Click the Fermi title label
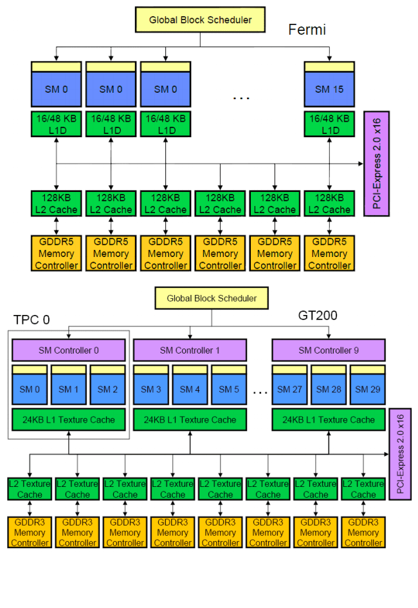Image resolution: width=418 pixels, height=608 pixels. [x=307, y=30]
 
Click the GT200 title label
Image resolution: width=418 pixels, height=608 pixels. [x=318, y=316]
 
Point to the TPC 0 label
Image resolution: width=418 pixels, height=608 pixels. [x=32, y=320]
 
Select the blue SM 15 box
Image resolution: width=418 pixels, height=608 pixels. [x=329, y=89]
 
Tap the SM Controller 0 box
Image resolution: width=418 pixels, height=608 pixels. [x=69, y=350]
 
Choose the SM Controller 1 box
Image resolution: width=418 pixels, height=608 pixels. [x=190, y=350]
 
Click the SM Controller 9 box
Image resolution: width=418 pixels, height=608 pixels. [x=329, y=350]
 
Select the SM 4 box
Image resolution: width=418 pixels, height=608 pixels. [x=190, y=389]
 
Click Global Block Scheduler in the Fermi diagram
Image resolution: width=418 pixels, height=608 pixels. [x=200, y=20]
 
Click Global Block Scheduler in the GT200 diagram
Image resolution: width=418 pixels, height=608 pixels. [x=212, y=298]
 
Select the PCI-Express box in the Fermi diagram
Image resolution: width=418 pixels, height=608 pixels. [x=376, y=164]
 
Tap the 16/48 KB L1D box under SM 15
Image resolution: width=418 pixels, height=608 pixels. [x=329, y=124]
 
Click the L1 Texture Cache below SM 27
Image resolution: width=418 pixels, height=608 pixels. [x=329, y=420]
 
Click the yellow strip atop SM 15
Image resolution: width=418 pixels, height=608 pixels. [x=329, y=66]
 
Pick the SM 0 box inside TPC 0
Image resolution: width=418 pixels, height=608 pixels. [x=30, y=389]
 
